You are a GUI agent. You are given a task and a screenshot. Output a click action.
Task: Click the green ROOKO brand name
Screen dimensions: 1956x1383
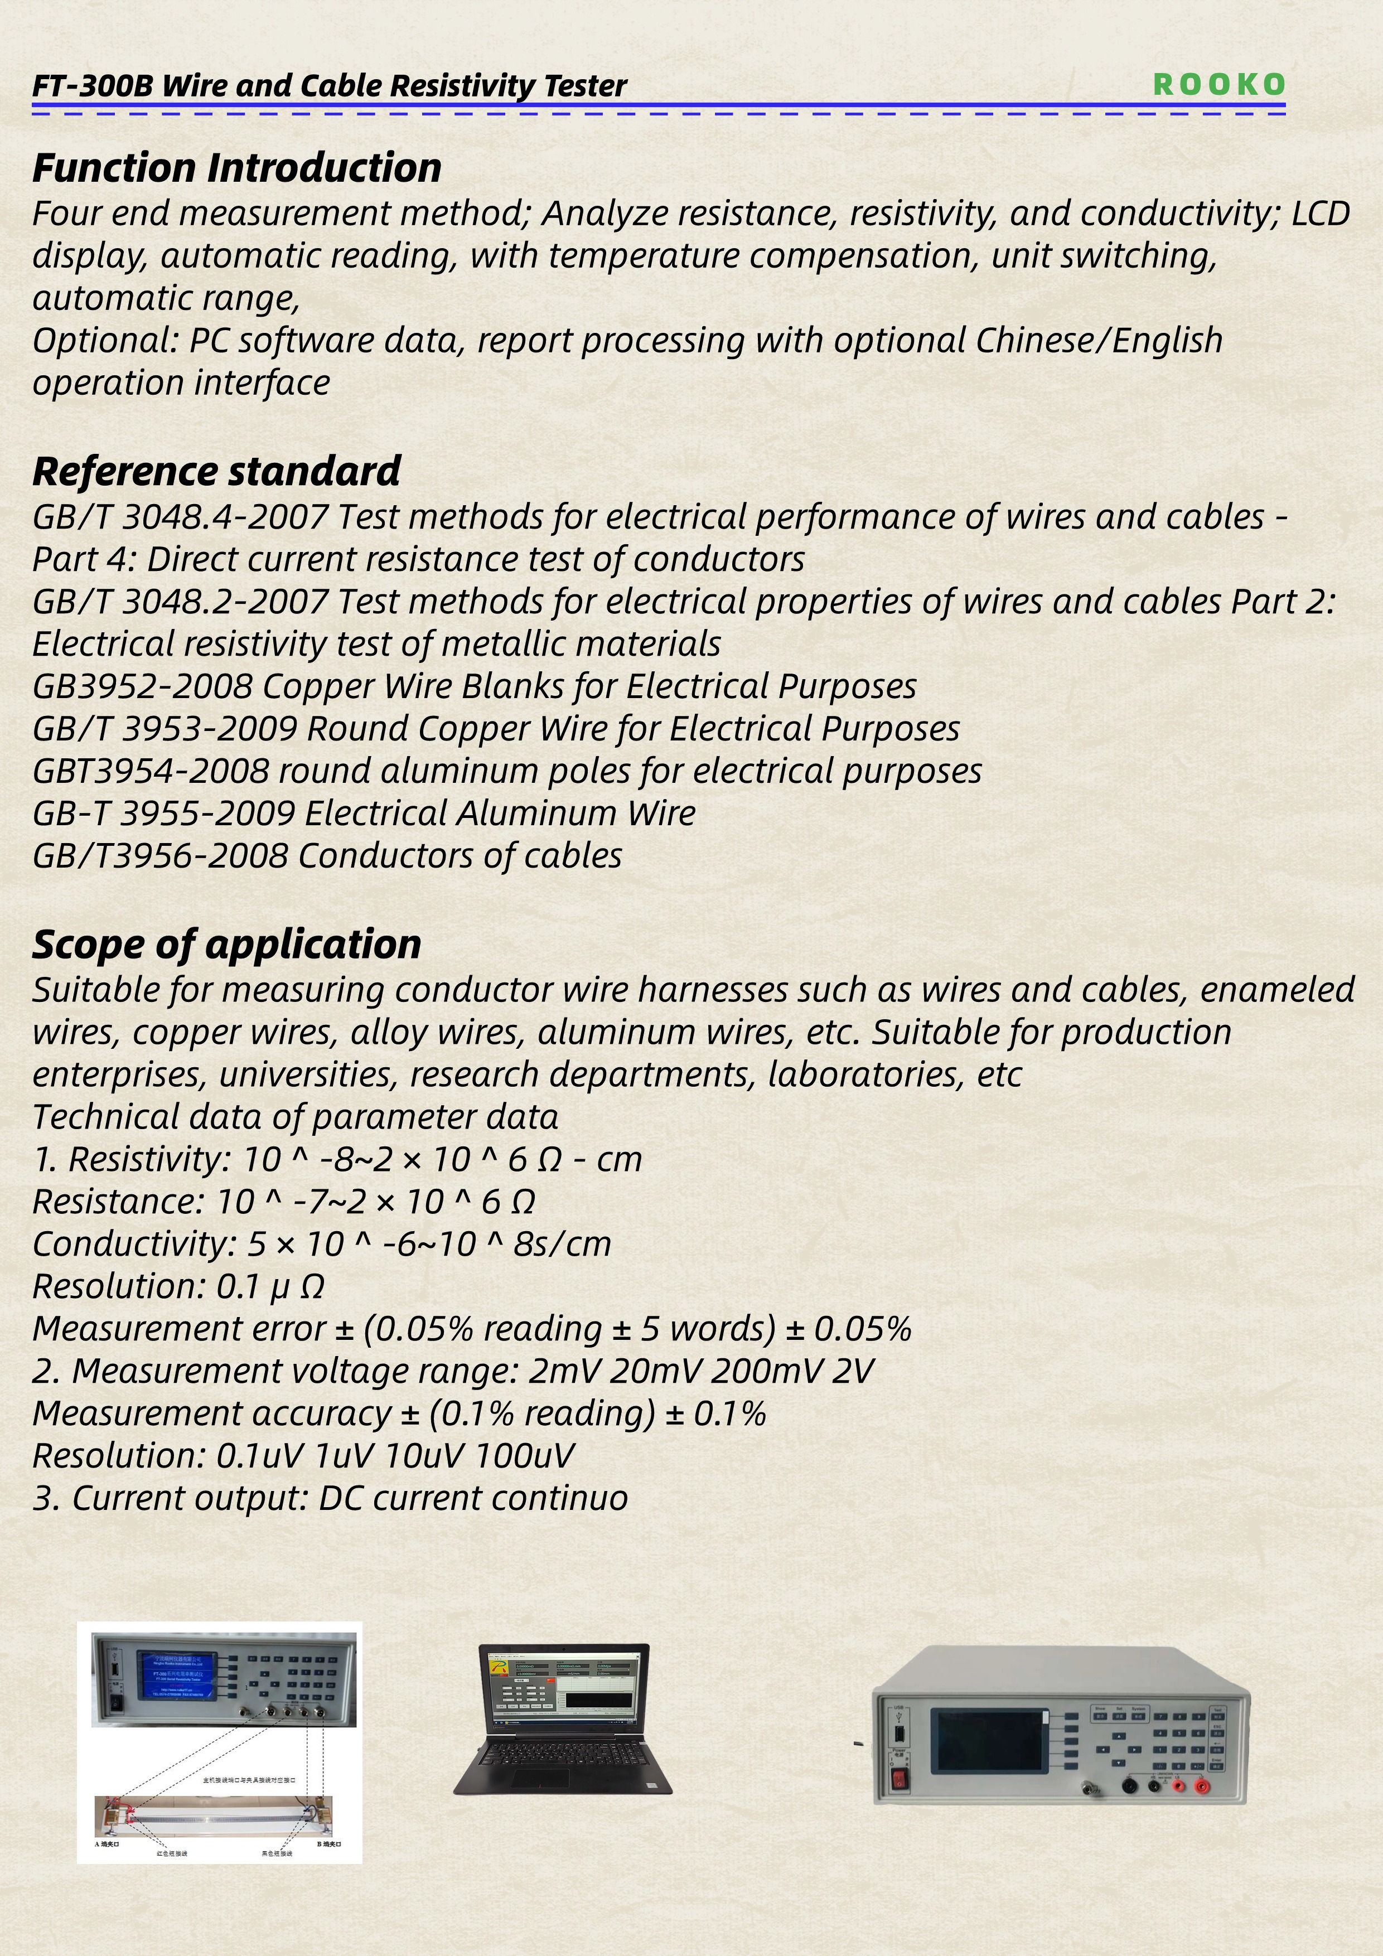[x=1218, y=84]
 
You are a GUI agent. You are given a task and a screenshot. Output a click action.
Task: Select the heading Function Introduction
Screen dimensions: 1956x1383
[x=237, y=168]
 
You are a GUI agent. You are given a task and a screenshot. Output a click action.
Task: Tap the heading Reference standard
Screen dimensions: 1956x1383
[x=216, y=471]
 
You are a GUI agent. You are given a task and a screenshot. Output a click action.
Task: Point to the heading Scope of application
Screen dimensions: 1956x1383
[x=226, y=944]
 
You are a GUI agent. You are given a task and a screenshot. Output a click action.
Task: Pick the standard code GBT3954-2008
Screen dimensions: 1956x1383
[x=151, y=771]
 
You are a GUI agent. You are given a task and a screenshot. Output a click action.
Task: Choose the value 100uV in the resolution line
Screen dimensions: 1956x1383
[x=524, y=1456]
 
